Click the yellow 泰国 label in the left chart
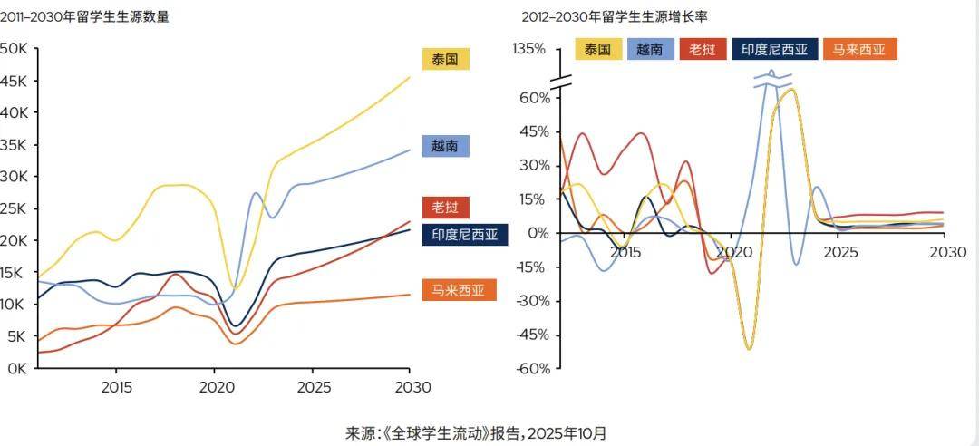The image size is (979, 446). pyautogui.click(x=445, y=60)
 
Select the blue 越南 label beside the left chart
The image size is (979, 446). pyautogui.click(x=445, y=145)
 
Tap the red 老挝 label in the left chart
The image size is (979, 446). pyautogui.click(x=445, y=208)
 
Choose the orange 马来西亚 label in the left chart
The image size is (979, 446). pyautogui.click(x=459, y=291)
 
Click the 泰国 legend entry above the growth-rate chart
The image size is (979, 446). pyautogui.click(x=598, y=49)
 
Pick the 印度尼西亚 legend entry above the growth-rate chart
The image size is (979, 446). pyautogui.click(x=775, y=49)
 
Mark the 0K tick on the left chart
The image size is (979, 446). pyautogui.click(x=16, y=368)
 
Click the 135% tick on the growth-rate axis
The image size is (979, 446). pyautogui.click(x=529, y=49)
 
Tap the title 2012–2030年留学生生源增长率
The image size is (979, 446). pyautogui.click(x=614, y=16)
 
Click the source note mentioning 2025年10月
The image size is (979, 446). pyautogui.click(x=476, y=432)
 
